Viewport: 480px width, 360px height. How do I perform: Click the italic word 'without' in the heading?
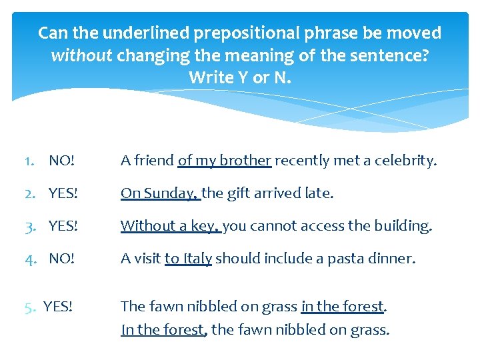click(x=82, y=55)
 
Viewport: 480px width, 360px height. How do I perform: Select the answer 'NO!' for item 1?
click(x=62, y=161)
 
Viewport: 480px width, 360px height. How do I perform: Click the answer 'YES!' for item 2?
click(x=63, y=193)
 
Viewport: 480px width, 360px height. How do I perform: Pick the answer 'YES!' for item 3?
click(x=63, y=226)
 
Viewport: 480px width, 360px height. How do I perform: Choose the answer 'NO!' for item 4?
click(x=62, y=258)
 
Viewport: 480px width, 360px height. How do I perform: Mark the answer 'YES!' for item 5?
click(x=58, y=307)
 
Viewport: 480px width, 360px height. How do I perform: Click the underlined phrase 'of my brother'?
click(x=225, y=161)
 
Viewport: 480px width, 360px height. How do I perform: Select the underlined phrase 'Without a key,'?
click(x=170, y=226)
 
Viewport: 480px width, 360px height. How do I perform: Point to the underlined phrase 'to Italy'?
click(x=188, y=258)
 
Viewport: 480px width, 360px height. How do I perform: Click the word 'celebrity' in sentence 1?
click(x=407, y=161)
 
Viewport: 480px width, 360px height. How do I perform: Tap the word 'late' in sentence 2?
click(x=318, y=193)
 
